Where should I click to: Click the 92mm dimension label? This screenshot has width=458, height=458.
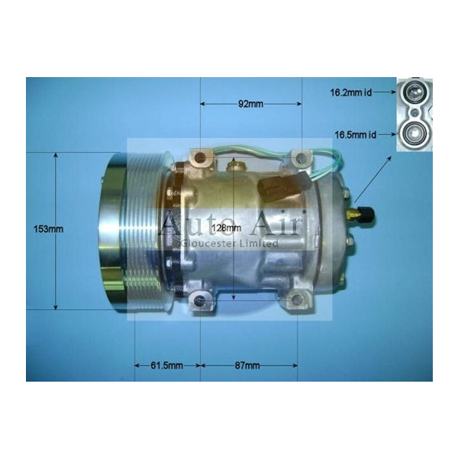[x=250, y=105]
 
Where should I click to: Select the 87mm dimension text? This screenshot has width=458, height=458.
[x=248, y=366]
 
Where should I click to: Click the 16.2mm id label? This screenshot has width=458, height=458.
[x=352, y=93]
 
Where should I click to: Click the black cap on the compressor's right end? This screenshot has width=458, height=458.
[x=366, y=216]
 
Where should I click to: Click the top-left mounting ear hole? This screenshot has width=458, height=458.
[x=200, y=159]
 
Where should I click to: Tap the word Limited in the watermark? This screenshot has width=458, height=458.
[x=260, y=244]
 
